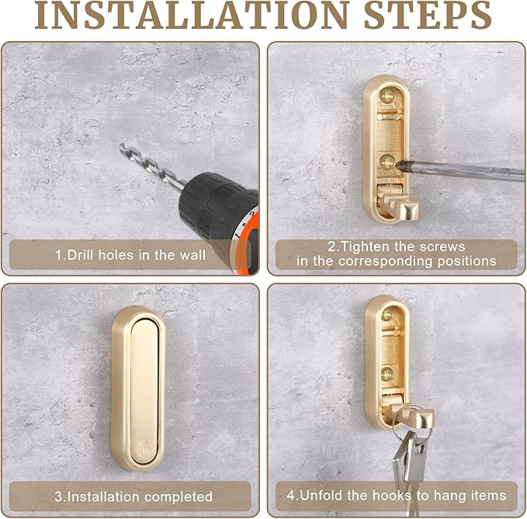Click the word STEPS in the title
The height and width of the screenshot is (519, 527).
pyautogui.click(x=428, y=15)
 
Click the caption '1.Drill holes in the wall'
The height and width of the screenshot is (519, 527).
pyautogui.click(x=130, y=255)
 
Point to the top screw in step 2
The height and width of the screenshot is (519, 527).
pyautogui.click(x=387, y=97)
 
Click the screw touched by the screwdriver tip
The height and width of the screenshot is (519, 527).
pyautogui.click(x=387, y=162)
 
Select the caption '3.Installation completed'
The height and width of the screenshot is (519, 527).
pyautogui.click(x=133, y=496)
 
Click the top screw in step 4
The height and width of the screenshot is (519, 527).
pyautogui.click(x=387, y=315)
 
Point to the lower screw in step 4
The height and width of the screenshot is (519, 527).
pyautogui.click(x=387, y=374)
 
